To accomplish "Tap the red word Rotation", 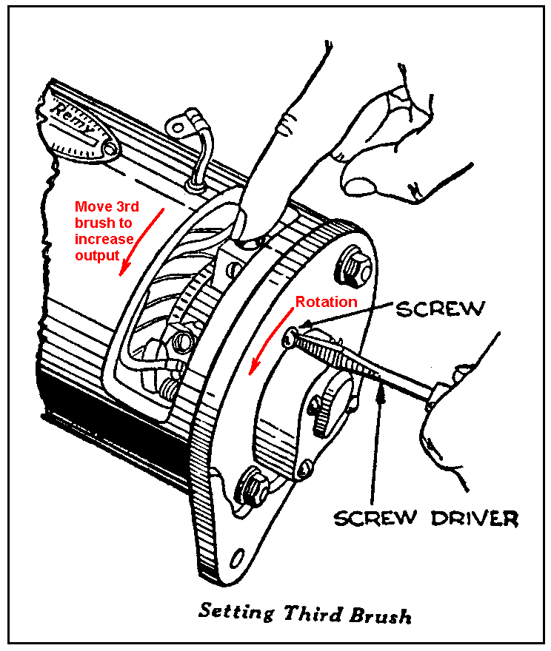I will tap(326, 302).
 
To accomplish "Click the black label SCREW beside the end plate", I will tap(440, 308).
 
